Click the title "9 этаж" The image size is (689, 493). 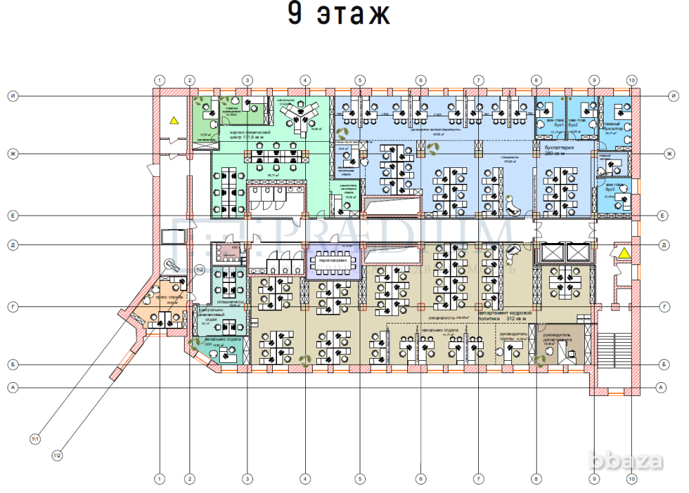[338, 15]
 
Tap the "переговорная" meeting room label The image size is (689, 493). [332, 261]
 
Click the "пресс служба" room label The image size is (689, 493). [168, 299]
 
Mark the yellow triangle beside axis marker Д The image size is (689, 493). [624, 253]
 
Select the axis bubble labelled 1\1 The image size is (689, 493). [35, 439]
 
